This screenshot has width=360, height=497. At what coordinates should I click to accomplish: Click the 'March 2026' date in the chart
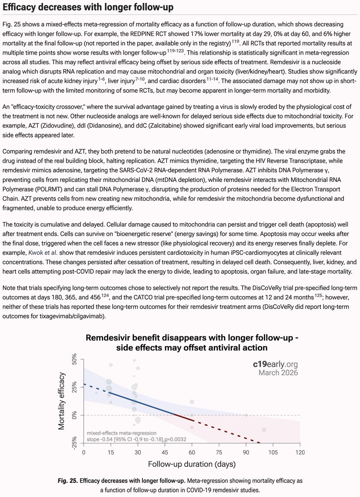(278, 372)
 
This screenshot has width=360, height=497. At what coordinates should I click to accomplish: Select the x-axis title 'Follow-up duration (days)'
(191, 464)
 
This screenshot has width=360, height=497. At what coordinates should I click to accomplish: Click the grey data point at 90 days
(246, 415)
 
